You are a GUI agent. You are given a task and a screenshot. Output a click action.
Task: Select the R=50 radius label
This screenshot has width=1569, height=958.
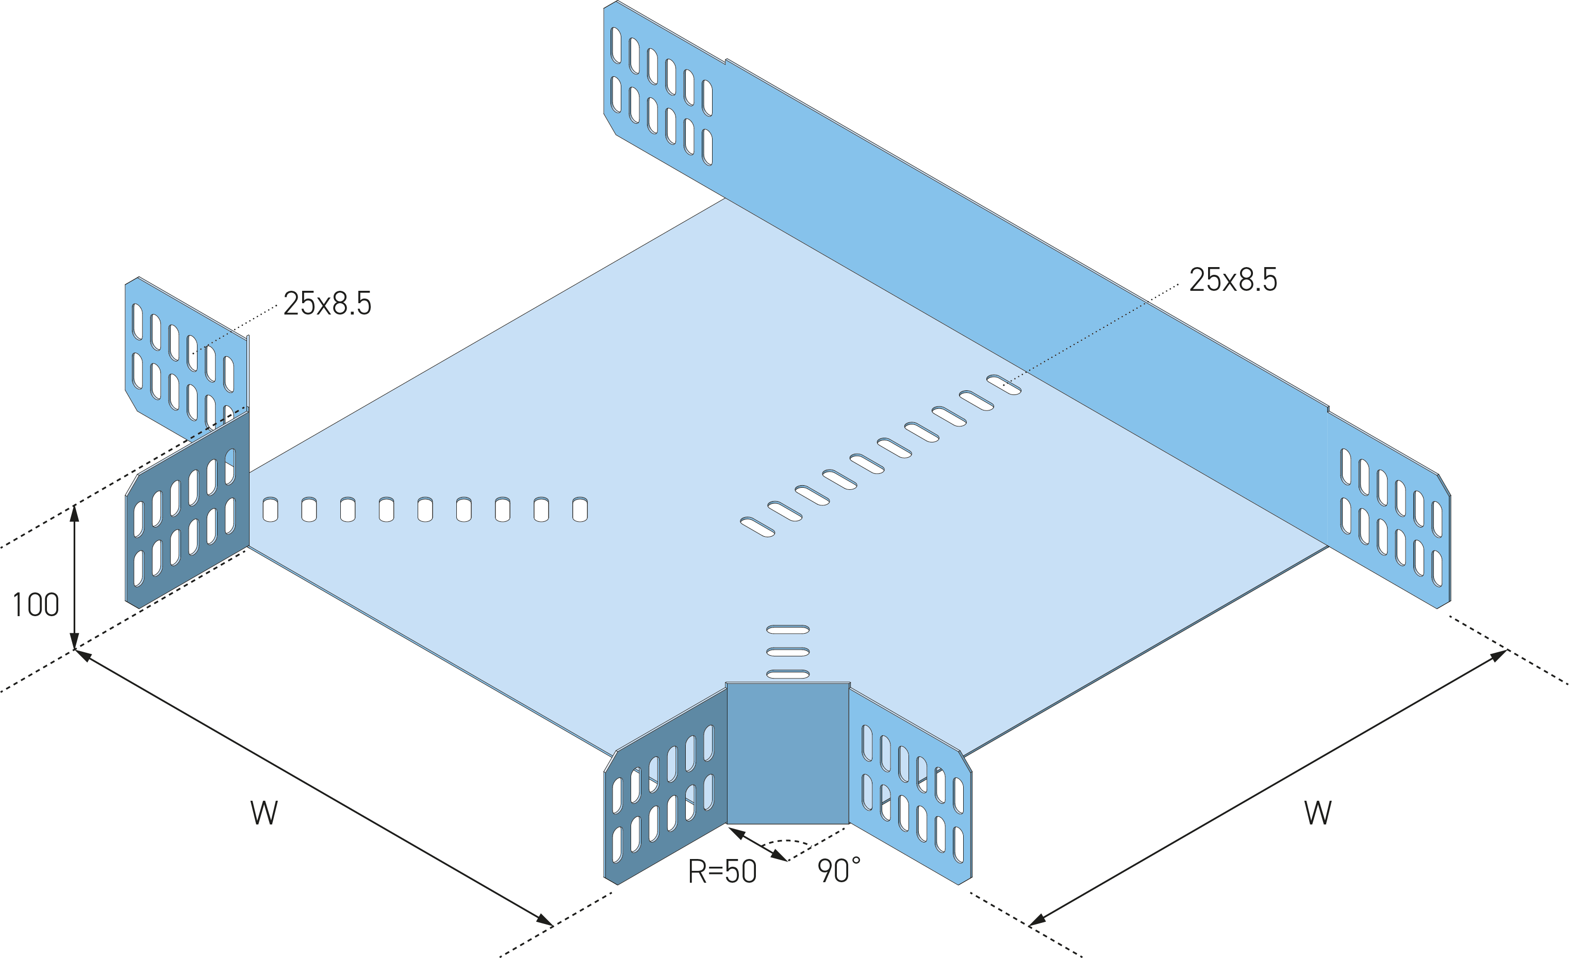click(x=722, y=871)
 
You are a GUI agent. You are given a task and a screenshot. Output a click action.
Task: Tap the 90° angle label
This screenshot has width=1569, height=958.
click(x=838, y=871)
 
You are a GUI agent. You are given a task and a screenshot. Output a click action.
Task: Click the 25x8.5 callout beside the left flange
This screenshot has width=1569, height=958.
click(x=327, y=303)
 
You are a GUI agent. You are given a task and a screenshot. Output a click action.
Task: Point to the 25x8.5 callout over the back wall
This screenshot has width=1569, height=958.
click(x=1233, y=279)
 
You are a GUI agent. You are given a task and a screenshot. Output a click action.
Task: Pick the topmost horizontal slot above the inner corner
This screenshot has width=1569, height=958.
click(x=788, y=630)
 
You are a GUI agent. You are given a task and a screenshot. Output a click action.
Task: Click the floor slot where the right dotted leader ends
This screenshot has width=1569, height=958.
click(x=1003, y=385)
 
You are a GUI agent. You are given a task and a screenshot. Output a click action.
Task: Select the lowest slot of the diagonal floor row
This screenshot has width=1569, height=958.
click(x=757, y=527)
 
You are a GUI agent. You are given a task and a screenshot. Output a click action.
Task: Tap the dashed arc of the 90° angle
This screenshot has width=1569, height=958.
click(x=793, y=841)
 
